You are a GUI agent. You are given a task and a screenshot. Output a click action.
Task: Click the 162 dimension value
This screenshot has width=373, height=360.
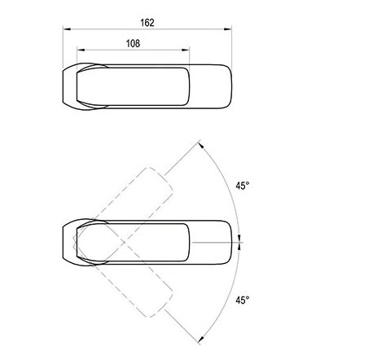click(x=147, y=23)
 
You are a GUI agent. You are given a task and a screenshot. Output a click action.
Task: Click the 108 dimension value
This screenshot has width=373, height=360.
click(x=133, y=43)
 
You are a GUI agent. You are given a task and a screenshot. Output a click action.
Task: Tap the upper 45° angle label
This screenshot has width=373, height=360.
click(x=243, y=186)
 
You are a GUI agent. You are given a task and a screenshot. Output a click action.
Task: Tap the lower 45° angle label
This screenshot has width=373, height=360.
click(x=243, y=301)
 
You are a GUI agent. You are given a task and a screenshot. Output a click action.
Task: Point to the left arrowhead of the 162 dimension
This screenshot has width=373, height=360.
click(x=67, y=29)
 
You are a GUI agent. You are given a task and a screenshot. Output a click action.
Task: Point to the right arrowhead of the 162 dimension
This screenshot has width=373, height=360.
click(x=228, y=29)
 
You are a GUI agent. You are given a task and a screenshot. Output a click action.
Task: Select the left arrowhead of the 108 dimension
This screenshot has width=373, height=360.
click(x=81, y=50)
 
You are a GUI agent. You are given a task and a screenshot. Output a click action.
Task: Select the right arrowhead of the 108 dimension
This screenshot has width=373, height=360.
click(x=186, y=50)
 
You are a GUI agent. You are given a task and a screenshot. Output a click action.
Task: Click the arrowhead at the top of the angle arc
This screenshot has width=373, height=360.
click(x=201, y=145)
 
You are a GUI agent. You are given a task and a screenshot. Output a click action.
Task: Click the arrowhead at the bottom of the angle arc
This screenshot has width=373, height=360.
click(x=201, y=340)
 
